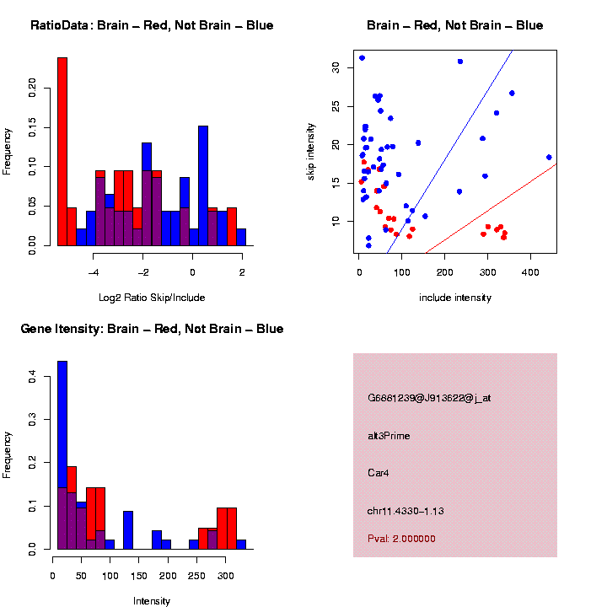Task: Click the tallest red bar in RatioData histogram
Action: (62, 152)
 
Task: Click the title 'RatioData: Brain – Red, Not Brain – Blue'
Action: (152, 25)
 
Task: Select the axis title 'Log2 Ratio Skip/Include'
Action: (152, 297)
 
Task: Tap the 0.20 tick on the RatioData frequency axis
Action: (33, 87)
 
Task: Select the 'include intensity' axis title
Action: (455, 297)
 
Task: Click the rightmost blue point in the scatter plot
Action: (549, 157)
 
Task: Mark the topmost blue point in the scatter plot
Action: (362, 58)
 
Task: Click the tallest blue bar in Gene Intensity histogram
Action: (62, 455)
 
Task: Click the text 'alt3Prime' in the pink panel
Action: (389, 436)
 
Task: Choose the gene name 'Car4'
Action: (378, 472)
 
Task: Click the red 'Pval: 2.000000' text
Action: (401, 539)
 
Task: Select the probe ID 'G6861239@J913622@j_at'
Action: (429, 398)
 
